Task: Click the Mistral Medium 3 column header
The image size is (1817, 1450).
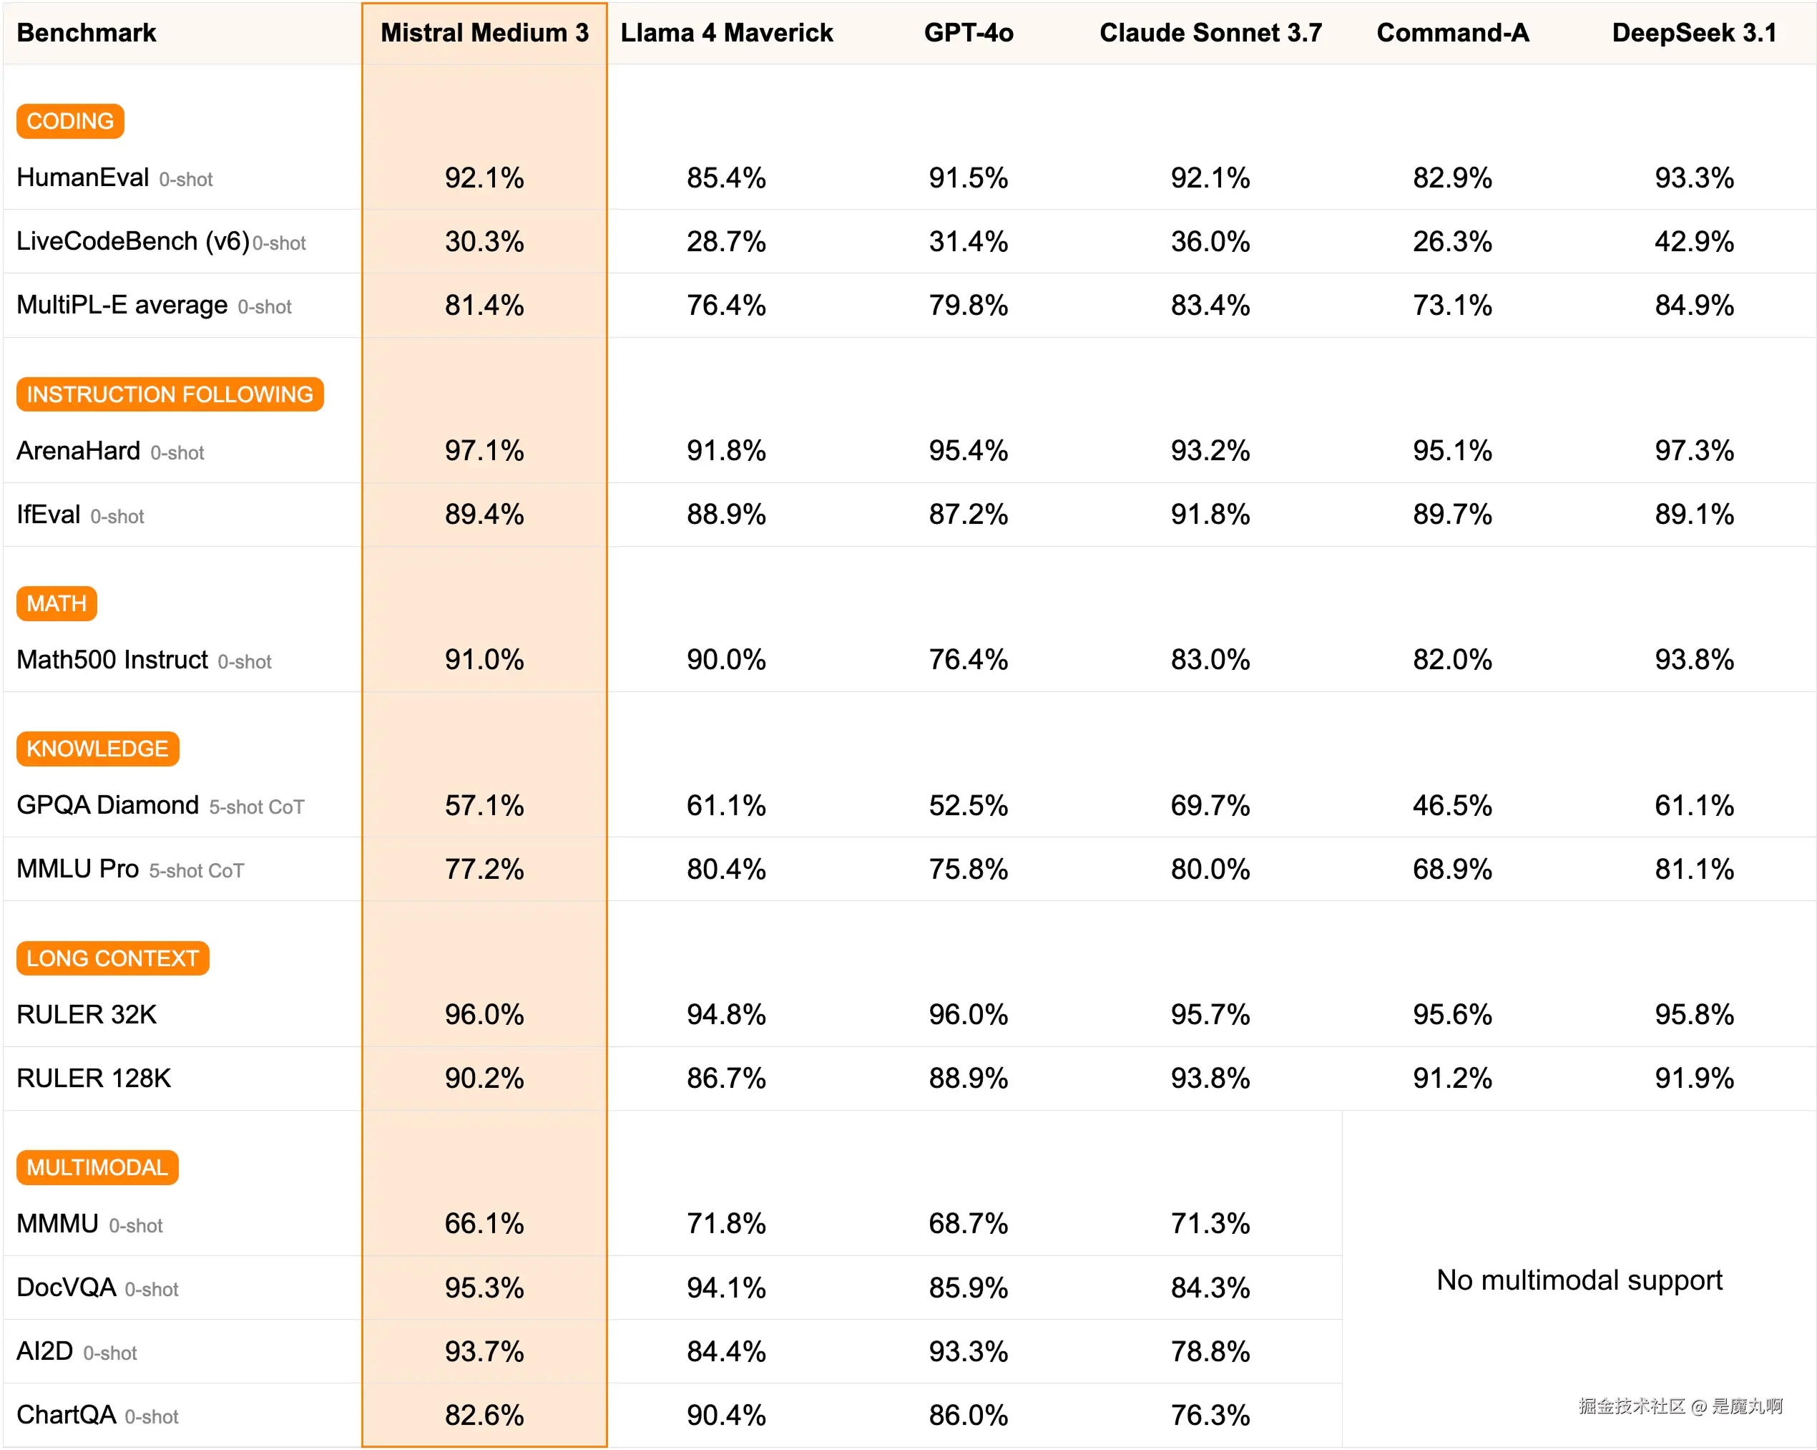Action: [x=484, y=33]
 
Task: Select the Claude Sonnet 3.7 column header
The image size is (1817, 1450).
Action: [x=1210, y=33]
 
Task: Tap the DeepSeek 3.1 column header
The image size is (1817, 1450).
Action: [x=1694, y=33]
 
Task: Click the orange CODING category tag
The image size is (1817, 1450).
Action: [x=70, y=122]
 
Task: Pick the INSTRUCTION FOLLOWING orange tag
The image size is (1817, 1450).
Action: [x=170, y=394]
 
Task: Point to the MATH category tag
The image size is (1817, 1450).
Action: [x=57, y=603]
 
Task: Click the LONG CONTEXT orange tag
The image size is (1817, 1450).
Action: [x=112, y=958]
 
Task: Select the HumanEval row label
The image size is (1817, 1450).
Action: [x=82, y=178]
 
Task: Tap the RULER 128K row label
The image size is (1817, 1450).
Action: [x=94, y=1079]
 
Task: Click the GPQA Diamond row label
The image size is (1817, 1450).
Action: [x=108, y=805]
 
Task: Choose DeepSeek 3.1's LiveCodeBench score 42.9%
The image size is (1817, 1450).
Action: [x=1694, y=242]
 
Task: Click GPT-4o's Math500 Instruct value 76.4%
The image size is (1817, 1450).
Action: [x=969, y=659]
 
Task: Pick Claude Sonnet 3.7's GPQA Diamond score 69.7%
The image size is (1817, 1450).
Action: [x=1210, y=805]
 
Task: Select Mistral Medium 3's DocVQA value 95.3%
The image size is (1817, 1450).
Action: [x=484, y=1288]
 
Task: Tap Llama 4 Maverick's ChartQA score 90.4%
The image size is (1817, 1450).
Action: [x=727, y=1415]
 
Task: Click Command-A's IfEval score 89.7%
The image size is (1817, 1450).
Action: [x=1452, y=515]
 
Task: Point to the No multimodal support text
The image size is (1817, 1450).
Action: [x=1580, y=1280]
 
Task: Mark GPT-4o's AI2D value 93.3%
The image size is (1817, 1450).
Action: [x=969, y=1351]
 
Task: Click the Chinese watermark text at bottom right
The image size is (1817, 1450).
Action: [x=1680, y=1406]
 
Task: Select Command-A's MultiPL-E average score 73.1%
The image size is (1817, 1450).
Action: [x=1452, y=305]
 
